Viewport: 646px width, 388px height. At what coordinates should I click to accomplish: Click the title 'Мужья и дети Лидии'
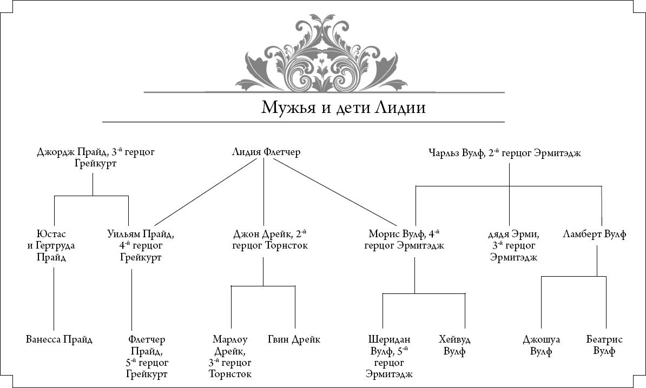coord(343,108)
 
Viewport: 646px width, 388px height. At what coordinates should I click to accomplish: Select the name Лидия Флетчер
coord(266,152)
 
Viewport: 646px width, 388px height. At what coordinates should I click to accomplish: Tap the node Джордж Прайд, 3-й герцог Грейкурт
coord(96,157)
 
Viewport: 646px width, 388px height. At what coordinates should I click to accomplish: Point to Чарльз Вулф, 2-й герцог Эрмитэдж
coord(505,152)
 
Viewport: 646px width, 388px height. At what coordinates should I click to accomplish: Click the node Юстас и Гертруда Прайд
coord(51,246)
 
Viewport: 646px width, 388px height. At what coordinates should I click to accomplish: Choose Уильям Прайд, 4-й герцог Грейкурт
coord(141,246)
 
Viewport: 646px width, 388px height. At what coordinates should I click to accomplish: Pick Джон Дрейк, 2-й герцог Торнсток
coord(270,240)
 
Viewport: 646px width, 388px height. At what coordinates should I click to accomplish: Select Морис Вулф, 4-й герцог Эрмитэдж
coord(404,240)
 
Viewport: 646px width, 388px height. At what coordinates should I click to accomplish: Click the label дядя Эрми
coord(514,235)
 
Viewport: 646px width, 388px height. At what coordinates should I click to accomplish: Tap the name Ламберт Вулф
coord(595,235)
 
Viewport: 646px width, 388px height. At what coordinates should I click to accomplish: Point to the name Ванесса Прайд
coord(59,339)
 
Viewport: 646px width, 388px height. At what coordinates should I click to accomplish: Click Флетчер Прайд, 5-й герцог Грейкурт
coord(147,357)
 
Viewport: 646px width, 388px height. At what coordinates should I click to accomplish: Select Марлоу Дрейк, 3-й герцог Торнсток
coord(230,357)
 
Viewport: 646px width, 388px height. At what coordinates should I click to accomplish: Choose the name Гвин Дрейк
coord(294,339)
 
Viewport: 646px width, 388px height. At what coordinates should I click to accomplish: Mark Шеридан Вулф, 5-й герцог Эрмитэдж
coord(390,357)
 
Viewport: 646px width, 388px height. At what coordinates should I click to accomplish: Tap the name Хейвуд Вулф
coord(454,345)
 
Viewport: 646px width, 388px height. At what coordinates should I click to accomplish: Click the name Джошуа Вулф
coord(541,345)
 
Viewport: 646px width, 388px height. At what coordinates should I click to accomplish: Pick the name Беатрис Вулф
coord(604,345)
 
